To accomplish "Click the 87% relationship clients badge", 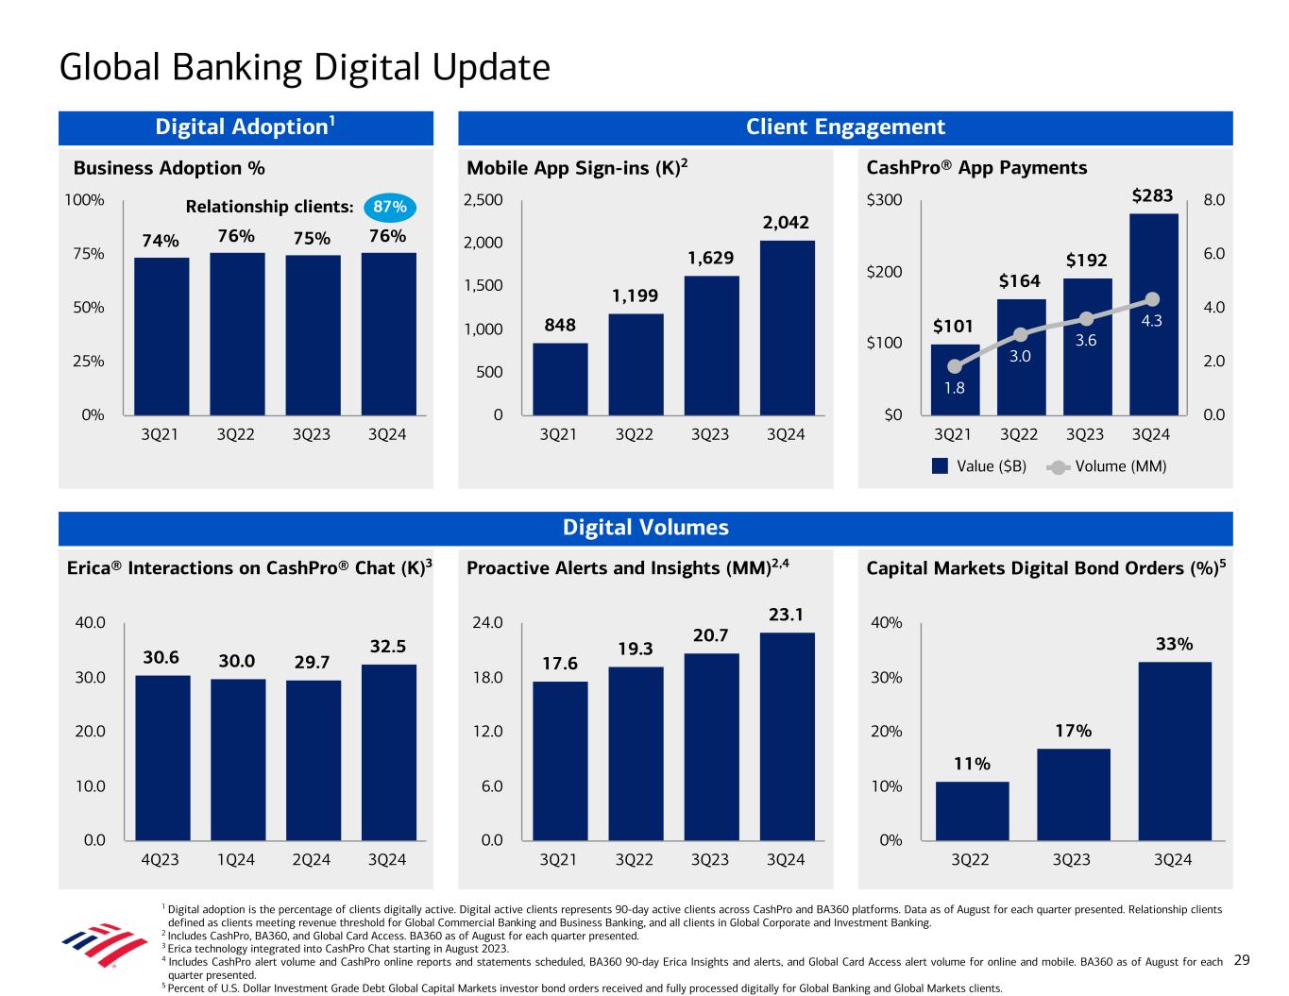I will coord(389,207).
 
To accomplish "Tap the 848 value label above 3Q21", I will coord(559,326).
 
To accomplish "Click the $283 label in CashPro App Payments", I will coord(1152,196).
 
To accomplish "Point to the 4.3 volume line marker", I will coord(1152,299).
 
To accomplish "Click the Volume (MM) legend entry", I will coord(1109,466).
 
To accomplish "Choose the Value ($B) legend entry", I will coord(979,466).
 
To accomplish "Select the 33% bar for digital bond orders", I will coord(1174,751).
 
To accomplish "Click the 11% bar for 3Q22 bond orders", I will coord(972,810).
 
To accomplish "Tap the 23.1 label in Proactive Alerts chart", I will coord(786,616).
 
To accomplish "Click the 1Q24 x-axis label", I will coord(236,860).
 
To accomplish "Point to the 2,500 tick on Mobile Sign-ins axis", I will coord(483,200).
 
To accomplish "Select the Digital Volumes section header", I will coord(645,528).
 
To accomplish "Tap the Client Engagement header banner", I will coord(845,127).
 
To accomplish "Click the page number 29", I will coord(1242,960).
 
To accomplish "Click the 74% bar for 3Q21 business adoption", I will coord(161,335).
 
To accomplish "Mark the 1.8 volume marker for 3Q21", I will coord(955,366).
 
